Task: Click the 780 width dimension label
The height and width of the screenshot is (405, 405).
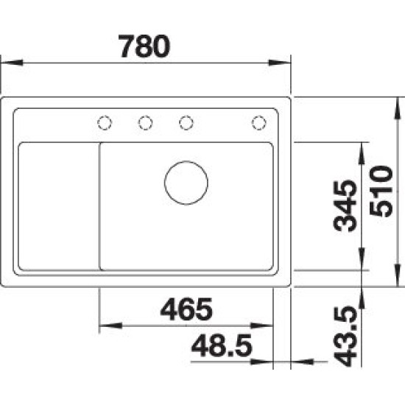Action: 144,46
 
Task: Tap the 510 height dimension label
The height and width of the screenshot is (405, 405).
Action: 381,191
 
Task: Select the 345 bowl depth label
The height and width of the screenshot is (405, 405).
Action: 345,206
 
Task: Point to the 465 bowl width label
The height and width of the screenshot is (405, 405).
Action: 186,309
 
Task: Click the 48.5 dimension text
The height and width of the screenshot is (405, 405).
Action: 222,345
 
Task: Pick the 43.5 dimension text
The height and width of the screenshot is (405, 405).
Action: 345,337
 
